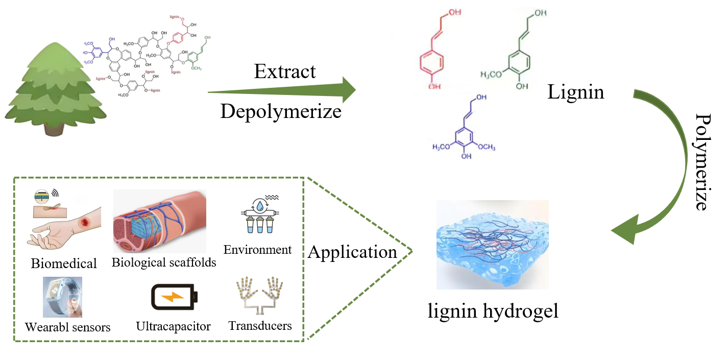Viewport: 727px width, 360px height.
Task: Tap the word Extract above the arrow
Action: click(x=285, y=71)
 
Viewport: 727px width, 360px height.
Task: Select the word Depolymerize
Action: click(x=281, y=110)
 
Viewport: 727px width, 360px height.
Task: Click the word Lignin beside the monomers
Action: click(x=575, y=92)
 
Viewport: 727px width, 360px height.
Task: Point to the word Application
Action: click(x=353, y=252)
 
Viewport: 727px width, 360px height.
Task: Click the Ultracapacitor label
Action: click(x=173, y=326)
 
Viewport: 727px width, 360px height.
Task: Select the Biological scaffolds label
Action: click(x=164, y=262)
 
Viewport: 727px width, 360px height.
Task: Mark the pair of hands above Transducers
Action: click(x=259, y=296)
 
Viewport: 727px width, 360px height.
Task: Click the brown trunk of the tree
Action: click(x=57, y=128)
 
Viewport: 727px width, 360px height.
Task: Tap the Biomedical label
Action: click(x=64, y=263)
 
